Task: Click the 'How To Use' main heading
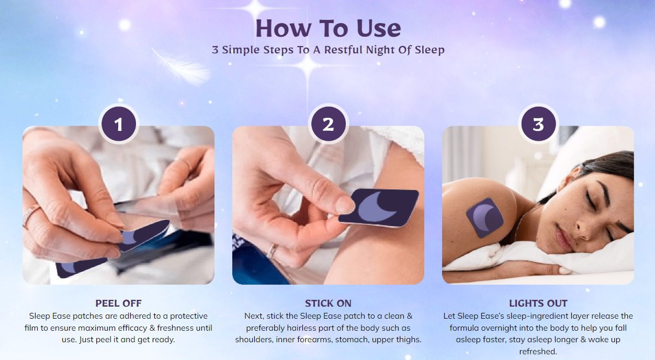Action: (328, 28)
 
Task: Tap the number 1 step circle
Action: (118, 124)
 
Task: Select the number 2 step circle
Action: (328, 124)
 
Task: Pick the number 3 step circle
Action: (538, 124)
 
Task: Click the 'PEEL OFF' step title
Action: (118, 303)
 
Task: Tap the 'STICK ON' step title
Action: (328, 303)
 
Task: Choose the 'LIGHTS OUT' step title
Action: (538, 303)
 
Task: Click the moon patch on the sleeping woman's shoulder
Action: (485, 218)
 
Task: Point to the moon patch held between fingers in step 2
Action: (379, 208)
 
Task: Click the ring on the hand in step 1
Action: (31, 215)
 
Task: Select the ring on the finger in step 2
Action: (272, 251)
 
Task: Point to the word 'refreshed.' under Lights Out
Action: (538, 351)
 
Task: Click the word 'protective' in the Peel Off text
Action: (189, 316)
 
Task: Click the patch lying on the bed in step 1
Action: (81, 267)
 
